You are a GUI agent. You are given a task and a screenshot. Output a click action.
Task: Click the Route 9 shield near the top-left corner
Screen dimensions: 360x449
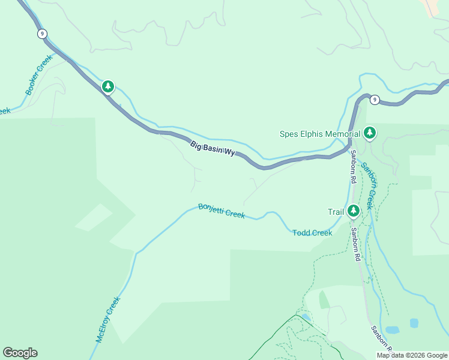click(x=41, y=34)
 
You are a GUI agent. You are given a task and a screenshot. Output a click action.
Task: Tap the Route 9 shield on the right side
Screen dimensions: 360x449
click(x=374, y=100)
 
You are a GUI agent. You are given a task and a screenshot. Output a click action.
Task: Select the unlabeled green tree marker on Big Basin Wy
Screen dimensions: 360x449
click(x=108, y=87)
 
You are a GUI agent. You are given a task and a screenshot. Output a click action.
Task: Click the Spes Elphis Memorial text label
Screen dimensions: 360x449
click(x=320, y=134)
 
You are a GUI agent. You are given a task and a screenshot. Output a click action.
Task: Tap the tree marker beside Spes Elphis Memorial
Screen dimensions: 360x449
click(x=370, y=133)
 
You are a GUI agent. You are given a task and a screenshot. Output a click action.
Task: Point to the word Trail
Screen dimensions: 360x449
click(x=336, y=212)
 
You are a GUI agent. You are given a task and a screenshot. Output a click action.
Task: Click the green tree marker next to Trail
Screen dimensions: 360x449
click(x=354, y=211)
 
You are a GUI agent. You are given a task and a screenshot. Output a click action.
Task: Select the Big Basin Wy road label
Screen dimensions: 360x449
click(x=212, y=148)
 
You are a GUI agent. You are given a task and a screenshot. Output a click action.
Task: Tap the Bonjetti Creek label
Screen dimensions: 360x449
click(x=221, y=211)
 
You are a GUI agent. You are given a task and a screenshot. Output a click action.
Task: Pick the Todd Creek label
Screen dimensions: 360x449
click(x=312, y=233)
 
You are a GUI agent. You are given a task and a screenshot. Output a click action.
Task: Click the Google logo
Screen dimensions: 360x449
click(x=20, y=353)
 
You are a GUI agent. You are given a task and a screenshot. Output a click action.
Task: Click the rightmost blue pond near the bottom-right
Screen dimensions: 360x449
click(x=414, y=323)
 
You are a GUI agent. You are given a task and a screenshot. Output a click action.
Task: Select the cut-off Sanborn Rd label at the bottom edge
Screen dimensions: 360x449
click(x=381, y=340)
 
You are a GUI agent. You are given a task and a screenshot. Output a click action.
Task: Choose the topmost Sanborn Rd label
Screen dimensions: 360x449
click(x=354, y=166)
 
